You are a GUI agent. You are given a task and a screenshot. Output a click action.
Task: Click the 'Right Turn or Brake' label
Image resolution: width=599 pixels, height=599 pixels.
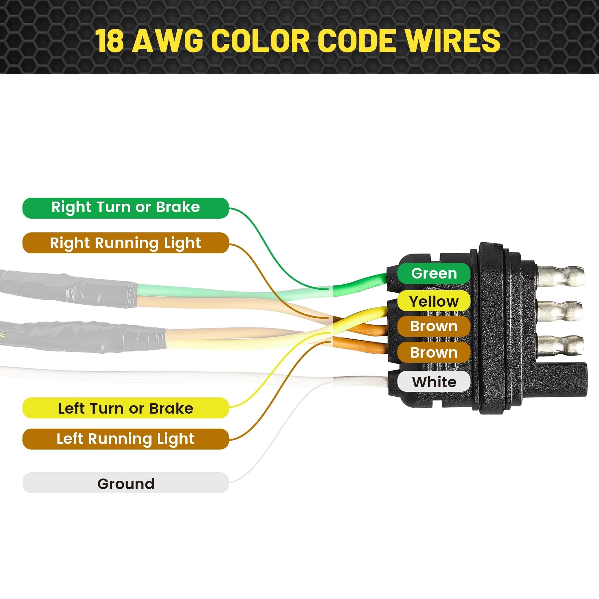125,208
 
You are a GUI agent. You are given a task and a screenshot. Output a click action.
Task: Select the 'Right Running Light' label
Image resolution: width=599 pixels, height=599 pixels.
125,243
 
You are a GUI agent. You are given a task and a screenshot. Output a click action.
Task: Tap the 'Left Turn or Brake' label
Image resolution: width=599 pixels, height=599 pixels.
125,408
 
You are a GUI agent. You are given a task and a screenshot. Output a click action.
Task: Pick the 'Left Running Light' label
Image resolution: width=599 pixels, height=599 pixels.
125,439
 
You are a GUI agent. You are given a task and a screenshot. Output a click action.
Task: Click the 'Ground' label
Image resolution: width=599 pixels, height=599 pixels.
125,484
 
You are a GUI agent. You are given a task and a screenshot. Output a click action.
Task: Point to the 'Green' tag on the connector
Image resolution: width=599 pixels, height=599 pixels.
434,273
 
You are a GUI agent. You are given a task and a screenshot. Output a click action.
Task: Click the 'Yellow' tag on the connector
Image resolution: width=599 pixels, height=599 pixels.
434,301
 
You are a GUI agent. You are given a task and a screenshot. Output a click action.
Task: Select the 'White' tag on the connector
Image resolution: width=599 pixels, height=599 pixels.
434,382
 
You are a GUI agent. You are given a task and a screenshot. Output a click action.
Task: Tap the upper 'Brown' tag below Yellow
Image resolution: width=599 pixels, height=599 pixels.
434,326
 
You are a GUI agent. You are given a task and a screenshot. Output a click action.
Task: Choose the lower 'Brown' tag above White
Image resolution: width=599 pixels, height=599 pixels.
434,352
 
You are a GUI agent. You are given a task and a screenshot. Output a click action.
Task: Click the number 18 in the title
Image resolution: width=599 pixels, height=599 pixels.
109,41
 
